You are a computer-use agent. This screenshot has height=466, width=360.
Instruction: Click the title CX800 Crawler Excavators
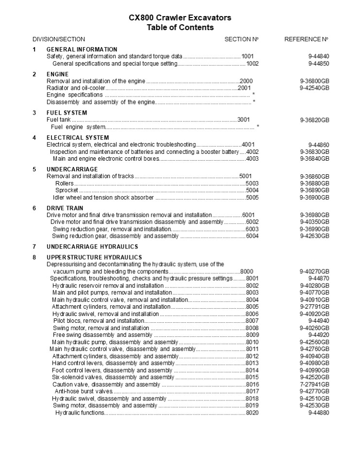(x=180, y=18)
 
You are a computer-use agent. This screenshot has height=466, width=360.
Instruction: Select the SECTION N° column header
(x=241, y=39)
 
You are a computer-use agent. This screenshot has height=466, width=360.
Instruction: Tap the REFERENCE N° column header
(x=306, y=39)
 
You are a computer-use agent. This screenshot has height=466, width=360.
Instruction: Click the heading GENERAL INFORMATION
(x=82, y=50)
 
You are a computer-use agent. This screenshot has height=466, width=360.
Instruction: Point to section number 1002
(x=252, y=64)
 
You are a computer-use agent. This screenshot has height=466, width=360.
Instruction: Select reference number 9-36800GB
(x=315, y=81)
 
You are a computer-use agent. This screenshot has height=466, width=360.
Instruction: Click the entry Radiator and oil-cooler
(x=75, y=88)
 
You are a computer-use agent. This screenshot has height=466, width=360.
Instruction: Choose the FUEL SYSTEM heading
(x=67, y=113)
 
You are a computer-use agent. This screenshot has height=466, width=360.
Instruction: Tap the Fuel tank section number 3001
(x=244, y=120)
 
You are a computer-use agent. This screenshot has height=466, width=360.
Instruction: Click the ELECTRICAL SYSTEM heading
(x=77, y=138)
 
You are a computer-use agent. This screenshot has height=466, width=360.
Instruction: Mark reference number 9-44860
(x=319, y=145)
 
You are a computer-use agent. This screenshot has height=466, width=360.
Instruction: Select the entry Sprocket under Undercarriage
(x=67, y=191)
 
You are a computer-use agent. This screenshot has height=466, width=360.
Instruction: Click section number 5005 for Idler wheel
(x=252, y=198)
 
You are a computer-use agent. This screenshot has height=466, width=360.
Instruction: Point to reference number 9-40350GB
(x=315, y=222)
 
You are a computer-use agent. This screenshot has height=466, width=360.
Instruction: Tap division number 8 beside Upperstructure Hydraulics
(x=34, y=257)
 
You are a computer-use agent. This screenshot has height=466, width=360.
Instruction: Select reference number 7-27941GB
(x=315, y=384)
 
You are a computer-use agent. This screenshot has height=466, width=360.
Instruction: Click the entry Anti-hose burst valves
(x=84, y=391)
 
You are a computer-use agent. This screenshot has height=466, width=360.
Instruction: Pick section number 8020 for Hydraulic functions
(x=252, y=413)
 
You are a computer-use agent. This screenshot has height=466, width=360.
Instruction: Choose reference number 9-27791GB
(x=315, y=307)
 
